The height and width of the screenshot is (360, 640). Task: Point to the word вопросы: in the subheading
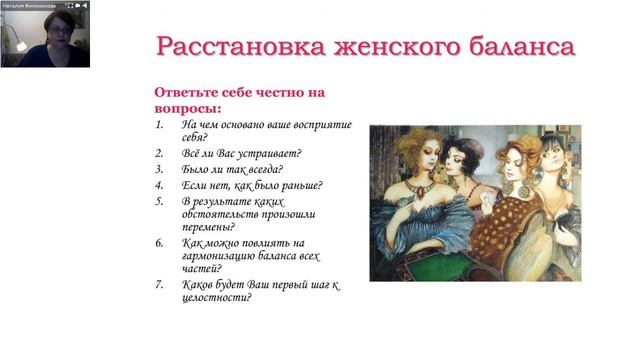pos(187,107)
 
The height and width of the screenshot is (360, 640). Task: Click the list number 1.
pos(159,124)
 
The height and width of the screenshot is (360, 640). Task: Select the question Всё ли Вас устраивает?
pos(241,153)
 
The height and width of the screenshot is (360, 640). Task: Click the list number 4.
pos(159,185)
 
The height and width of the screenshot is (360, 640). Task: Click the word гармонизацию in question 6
pos(221,256)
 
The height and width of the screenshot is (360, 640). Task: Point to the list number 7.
pos(159,285)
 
